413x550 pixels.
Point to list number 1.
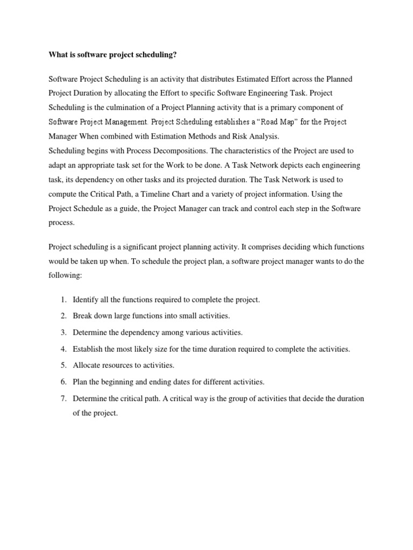point(63,300)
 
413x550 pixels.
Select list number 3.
point(63,332)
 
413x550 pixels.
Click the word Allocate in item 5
point(86,365)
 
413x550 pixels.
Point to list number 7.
point(63,399)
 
